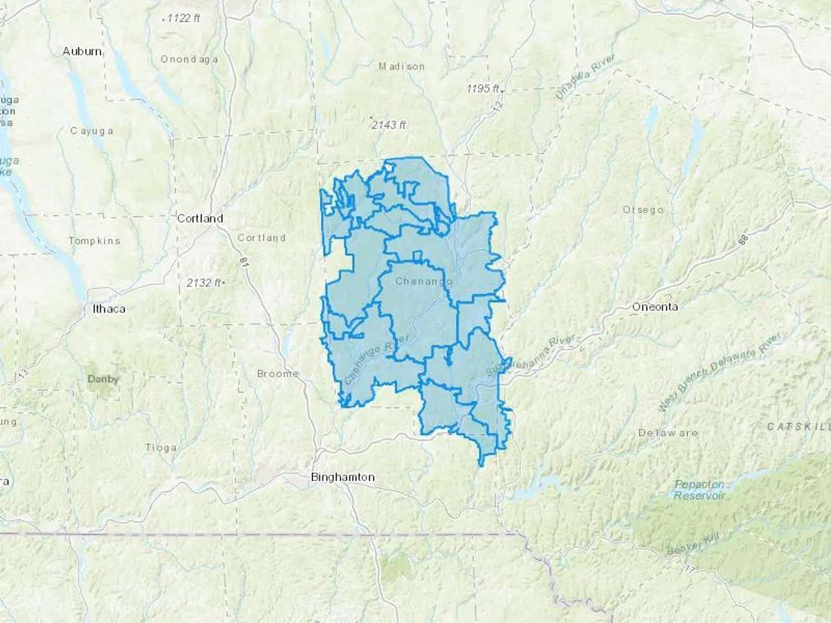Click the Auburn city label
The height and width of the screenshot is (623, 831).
click(x=82, y=51)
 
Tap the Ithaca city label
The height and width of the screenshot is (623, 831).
click(x=109, y=309)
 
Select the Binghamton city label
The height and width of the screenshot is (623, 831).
click(x=343, y=477)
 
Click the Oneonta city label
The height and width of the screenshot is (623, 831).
click(x=655, y=307)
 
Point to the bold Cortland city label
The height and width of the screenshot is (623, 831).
click(x=200, y=218)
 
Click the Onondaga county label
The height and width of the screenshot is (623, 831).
click(x=189, y=59)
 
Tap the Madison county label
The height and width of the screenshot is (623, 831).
click(x=401, y=66)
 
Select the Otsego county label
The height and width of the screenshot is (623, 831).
click(x=643, y=210)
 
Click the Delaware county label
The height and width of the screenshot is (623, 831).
click(x=668, y=433)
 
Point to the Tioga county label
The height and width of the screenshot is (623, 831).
click(x=161, y=447)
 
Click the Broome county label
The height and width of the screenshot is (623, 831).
click(x=277, y=374)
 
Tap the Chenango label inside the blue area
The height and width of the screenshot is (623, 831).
click(x=423, y=281)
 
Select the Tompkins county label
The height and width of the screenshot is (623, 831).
click(x=94, y=240)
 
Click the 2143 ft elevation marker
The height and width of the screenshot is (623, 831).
click(x=388, y=125)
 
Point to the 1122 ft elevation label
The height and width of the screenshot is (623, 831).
click(x=183, y=18)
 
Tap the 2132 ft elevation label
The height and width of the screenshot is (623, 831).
click(x=204, y=282)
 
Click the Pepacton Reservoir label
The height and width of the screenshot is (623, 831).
click(x=699, y=490)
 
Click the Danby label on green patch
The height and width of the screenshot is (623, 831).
click(x=103, y=379)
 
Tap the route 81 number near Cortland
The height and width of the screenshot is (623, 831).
click(x=244, y=262)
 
